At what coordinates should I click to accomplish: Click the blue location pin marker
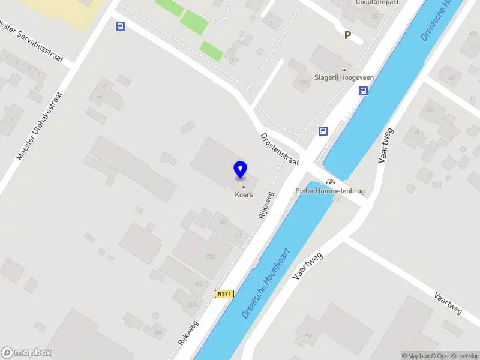[241, 169]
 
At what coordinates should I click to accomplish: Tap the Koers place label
[244, 194]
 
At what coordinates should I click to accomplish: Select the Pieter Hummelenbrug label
[330, 191]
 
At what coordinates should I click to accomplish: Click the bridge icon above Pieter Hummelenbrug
[330, 181]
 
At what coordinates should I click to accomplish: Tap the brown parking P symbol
[347, 35]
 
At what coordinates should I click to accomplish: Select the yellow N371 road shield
[224, 294]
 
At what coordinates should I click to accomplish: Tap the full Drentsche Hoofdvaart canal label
[265, 283]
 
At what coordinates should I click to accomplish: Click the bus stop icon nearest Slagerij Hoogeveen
[363, 91]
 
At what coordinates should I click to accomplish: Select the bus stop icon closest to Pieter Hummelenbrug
[323, 131]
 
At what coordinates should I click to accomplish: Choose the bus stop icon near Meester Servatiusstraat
[121, 26]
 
